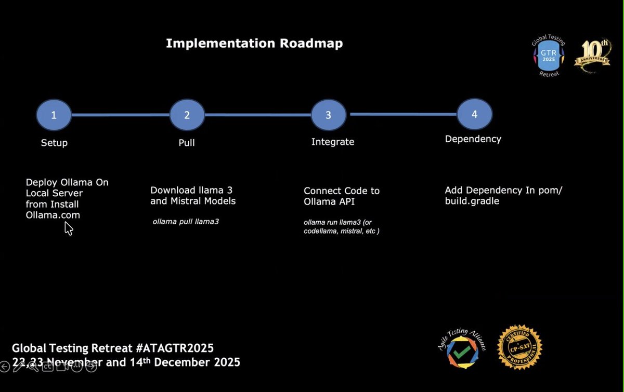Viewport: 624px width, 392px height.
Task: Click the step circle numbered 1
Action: pyautogui.click(x=54, y=115)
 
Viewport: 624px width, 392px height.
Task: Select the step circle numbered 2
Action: pyautogui.click(x=187, y=115)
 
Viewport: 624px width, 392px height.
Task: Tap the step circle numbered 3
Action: pyautogui.click(x=328, y=115)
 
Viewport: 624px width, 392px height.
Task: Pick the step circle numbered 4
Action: pyautogui.click(x=474, y=114)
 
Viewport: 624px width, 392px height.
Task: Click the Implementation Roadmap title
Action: pyautogui.click(x=254, y=44)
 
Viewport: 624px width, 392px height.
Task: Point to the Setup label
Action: pyautogui.click(x=54, y=143)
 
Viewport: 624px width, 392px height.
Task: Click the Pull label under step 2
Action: pyautogui.click(x=186, y=143)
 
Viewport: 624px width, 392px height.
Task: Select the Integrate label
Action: pyautogui.click(x=333, y=142)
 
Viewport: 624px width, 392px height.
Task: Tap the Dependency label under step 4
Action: pyautogui.click(x=473, y=139)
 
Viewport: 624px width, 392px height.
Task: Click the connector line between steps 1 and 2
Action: pyautogui.click(x=121, y=115)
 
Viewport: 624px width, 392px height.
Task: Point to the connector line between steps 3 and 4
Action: pyautogui.click(x=403, y=114)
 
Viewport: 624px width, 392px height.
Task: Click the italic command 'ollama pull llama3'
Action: pyautogui.click(x=186, y=222)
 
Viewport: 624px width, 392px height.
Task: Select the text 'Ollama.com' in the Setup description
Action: pyautogui.click(x=53, y=215)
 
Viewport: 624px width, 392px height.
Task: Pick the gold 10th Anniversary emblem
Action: pyautogui.click(x=592, y=56)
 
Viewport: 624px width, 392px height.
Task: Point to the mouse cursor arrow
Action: pyautogui.click(x=68, y=228)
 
